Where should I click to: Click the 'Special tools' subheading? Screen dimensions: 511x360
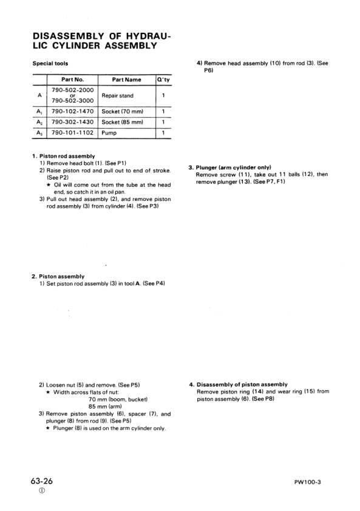click(50, 63)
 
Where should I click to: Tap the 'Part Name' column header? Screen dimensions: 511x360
click(126, 80)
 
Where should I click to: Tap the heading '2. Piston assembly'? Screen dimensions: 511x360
click(58, 277)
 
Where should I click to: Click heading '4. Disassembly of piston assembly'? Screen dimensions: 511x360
click(238, 384)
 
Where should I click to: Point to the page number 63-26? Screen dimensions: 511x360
click(42, 481)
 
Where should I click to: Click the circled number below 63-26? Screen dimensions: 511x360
click(41, 492)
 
